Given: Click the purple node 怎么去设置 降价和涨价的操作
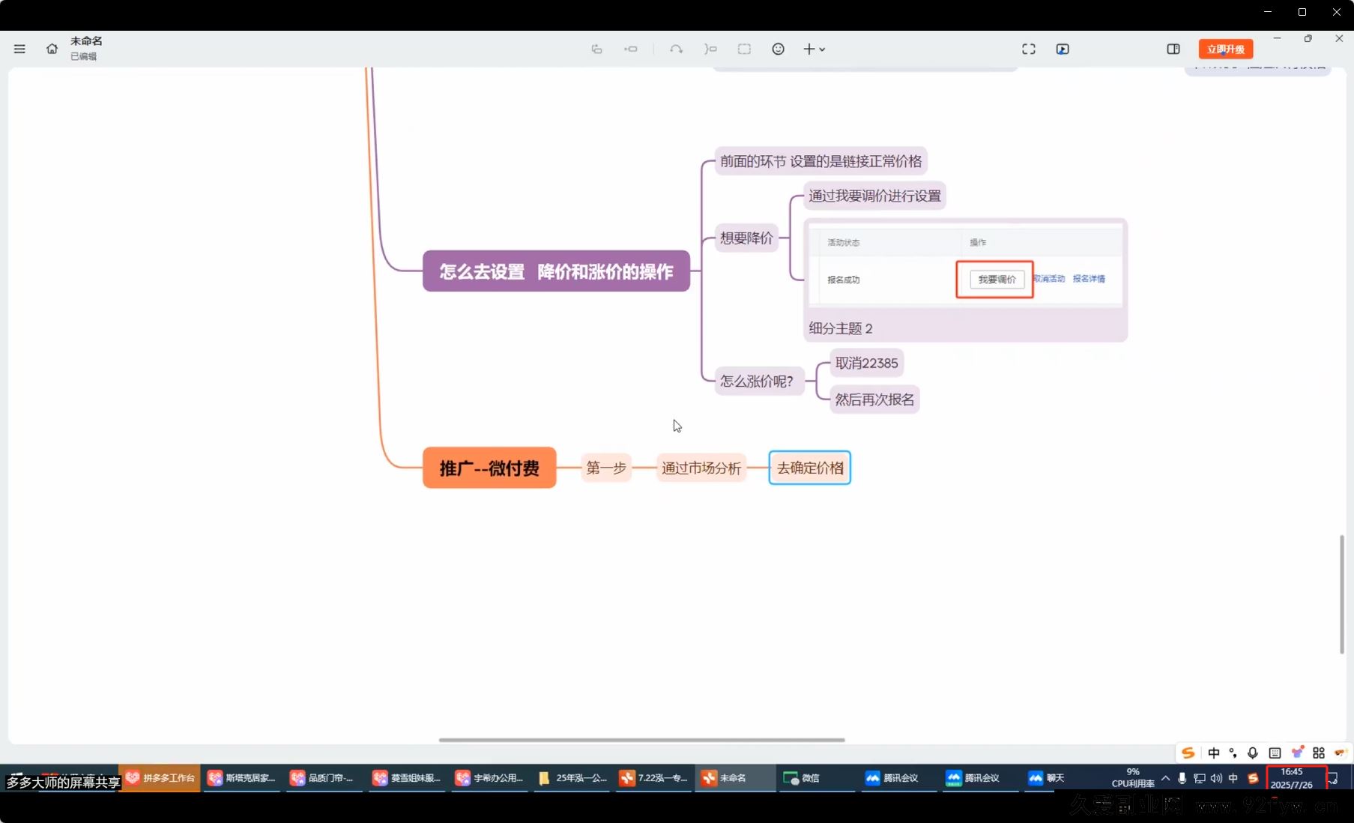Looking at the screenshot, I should [556, 271].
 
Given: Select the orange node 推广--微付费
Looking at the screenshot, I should [489, 468].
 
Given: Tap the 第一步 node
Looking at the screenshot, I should [605, 468].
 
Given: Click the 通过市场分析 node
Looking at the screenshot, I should [701, 468].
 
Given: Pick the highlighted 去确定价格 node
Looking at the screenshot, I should [809, 468].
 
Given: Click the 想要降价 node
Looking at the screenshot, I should [746, 238].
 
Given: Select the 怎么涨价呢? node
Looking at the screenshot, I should [756, 381].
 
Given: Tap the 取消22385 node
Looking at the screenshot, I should [866, 364].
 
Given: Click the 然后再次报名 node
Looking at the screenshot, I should [874, 400].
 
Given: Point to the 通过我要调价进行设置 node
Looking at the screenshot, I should [874, 196].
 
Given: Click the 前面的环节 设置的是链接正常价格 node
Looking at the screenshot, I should [820, 161].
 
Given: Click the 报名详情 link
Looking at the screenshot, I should [1088, 279].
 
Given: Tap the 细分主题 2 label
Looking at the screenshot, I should [840, 328].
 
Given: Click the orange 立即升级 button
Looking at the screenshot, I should [1225, 49].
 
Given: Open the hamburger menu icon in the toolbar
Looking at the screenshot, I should [19, 49].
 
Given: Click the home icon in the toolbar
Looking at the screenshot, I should [52, 49].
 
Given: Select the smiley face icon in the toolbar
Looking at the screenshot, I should [778, 49].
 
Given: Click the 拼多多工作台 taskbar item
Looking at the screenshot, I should [160, 778].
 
